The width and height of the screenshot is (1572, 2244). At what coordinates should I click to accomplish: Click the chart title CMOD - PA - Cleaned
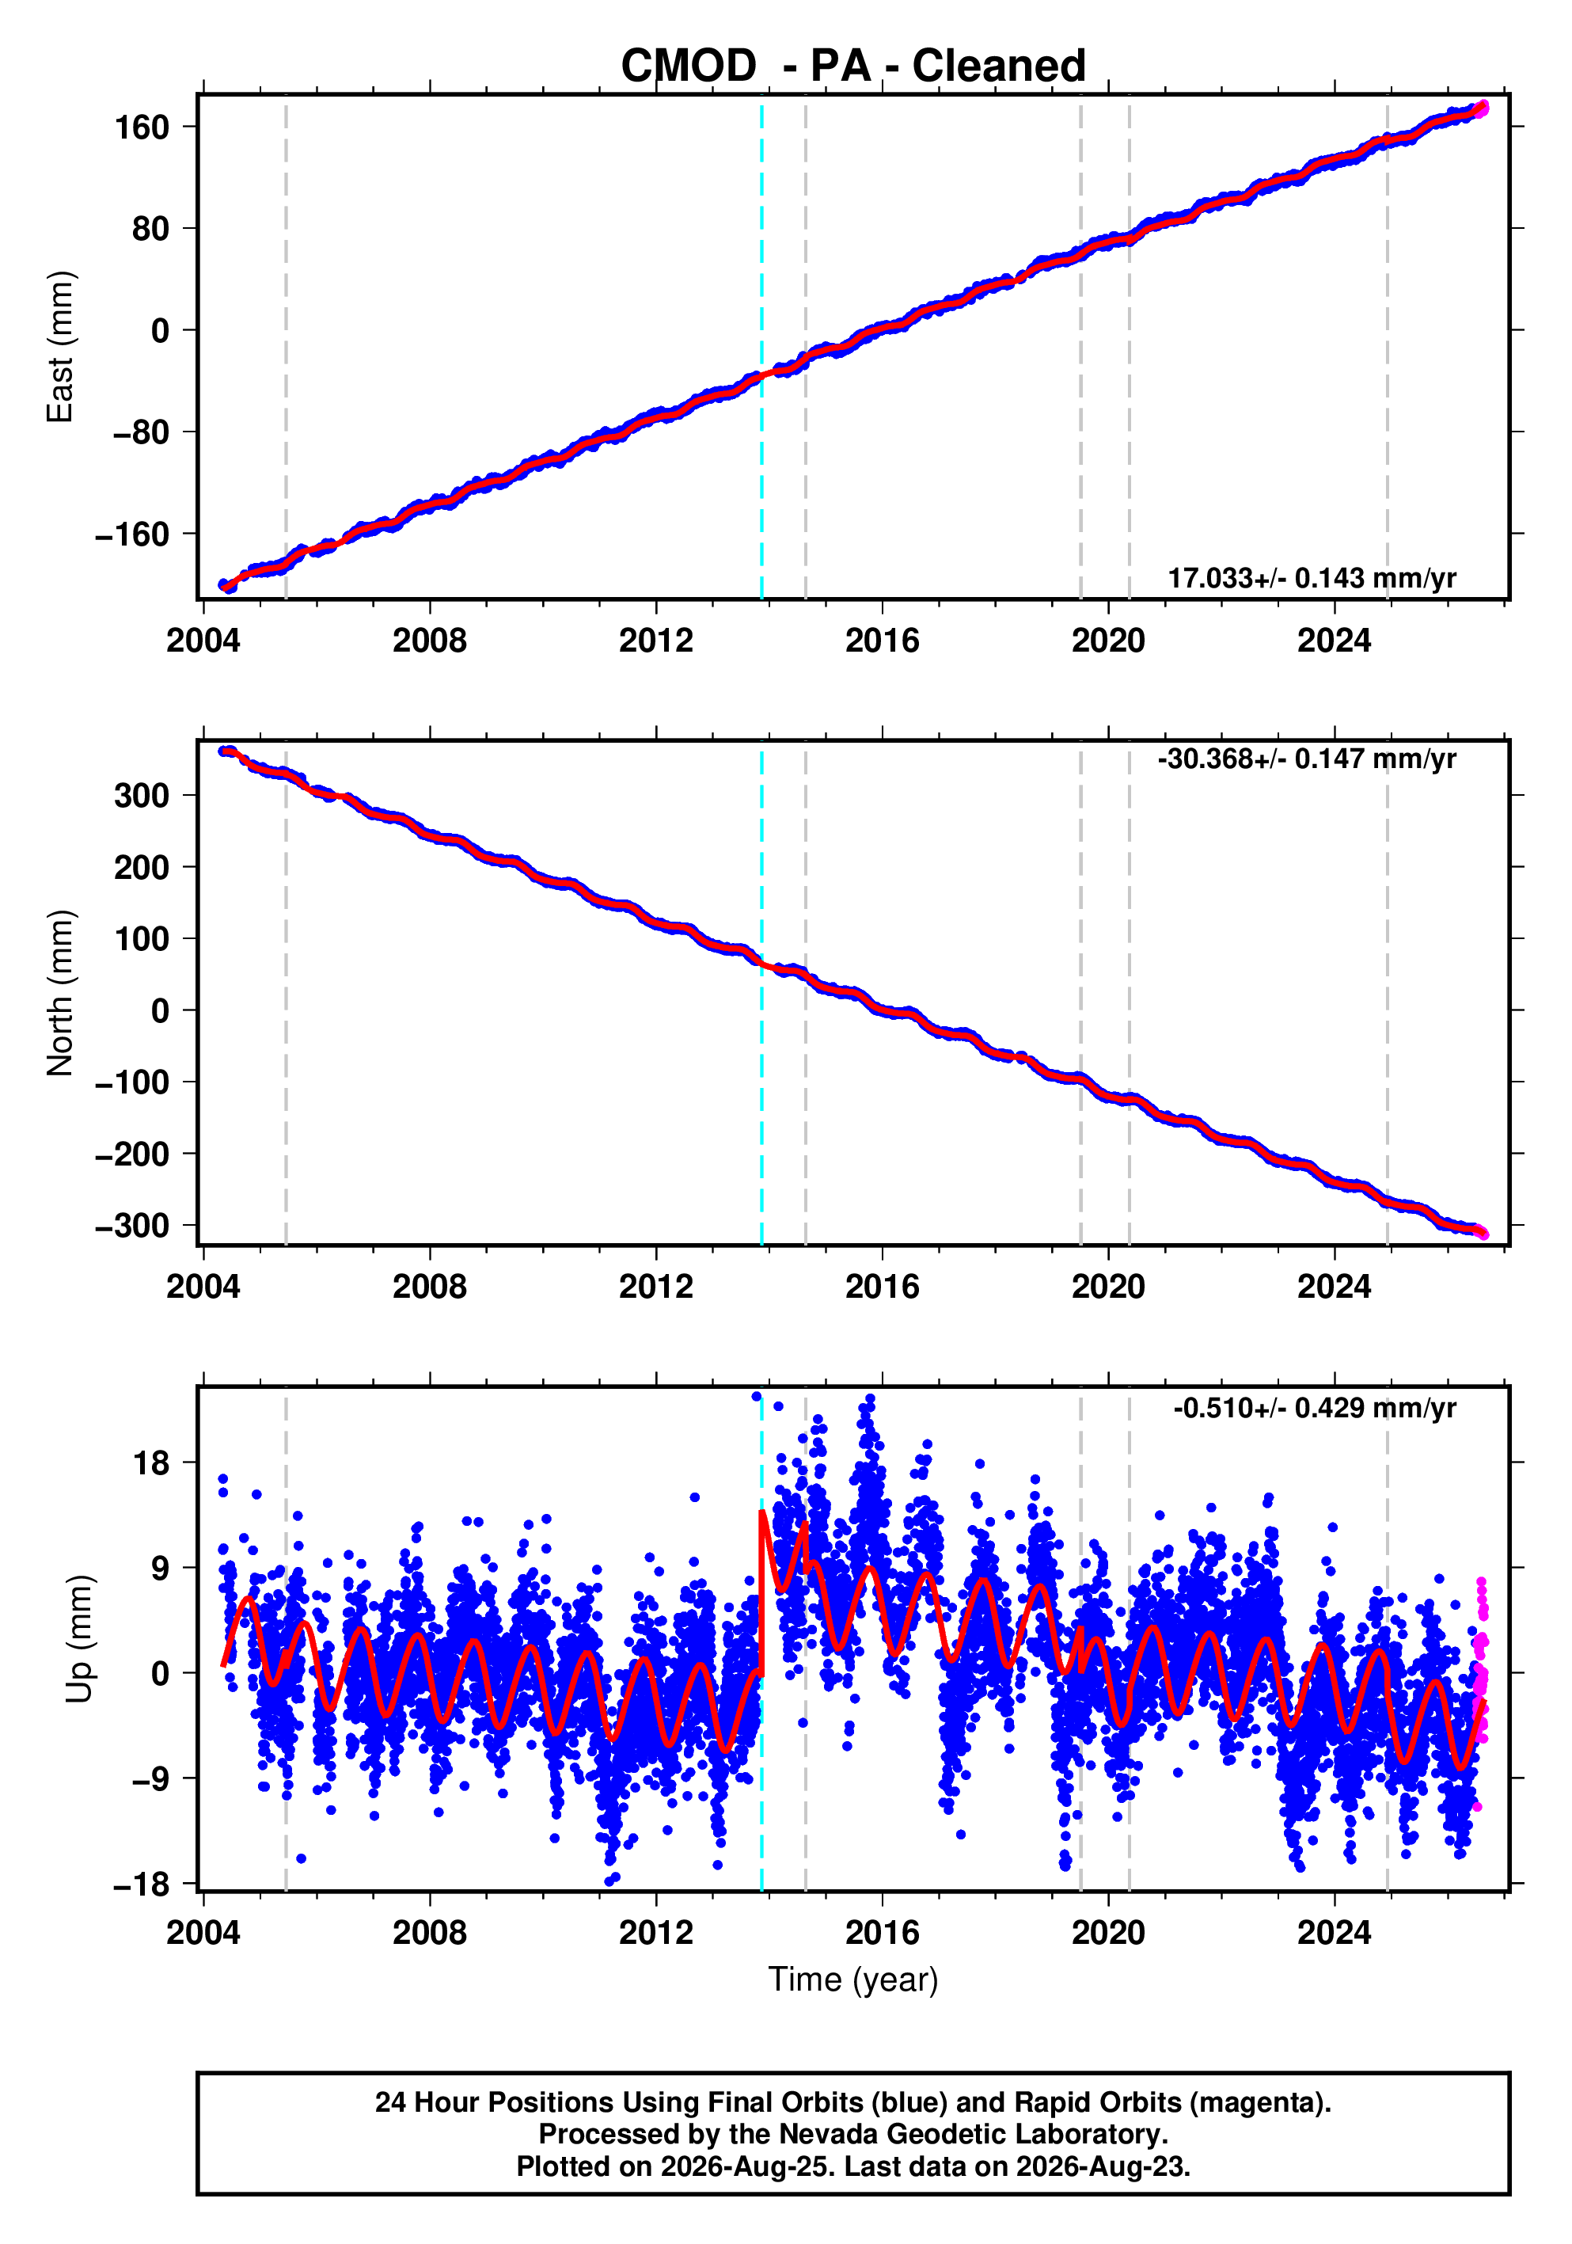coord(853,66)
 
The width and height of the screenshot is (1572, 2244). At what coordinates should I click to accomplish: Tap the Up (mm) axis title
coord(80,1639)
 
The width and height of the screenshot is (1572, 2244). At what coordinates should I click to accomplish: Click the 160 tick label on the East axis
coord(142,127)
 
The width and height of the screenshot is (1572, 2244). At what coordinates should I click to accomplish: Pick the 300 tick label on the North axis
coord(142,796)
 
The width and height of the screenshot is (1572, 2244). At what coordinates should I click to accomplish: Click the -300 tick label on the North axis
coord(132,1226)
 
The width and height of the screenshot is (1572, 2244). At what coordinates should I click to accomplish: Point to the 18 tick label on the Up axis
coord(151,1463)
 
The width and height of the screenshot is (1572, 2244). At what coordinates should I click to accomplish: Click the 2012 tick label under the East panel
coord(655,641)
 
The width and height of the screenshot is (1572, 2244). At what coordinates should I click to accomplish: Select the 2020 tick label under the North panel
coord(1108,1287)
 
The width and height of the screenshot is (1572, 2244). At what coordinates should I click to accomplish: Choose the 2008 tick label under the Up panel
coord(429,1933)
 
